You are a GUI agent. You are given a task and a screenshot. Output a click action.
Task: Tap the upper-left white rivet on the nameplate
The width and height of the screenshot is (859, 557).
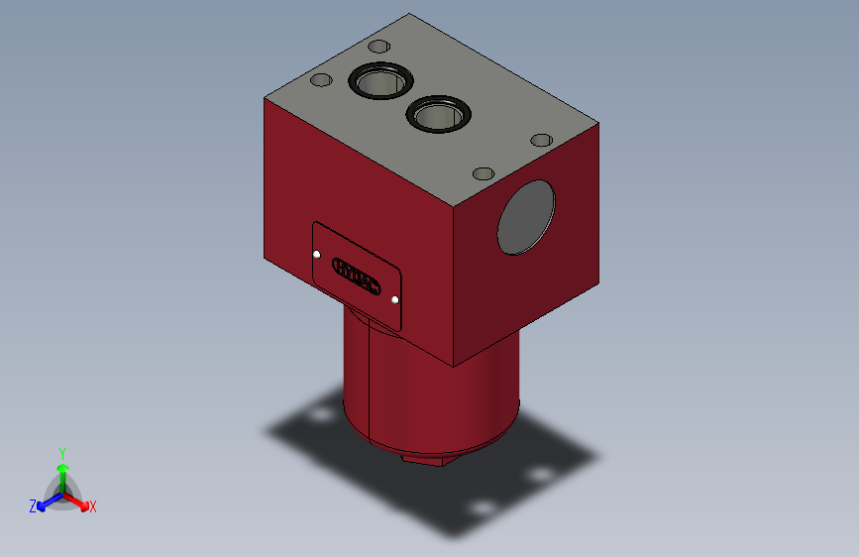tap(317, 255)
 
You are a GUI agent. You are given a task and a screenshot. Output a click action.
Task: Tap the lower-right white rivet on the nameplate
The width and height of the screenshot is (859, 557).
tap(395, 298)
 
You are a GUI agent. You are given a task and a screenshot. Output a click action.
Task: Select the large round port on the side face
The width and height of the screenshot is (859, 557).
tap(526, 218)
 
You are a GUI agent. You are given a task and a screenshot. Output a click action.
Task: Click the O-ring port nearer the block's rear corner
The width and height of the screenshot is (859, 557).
tap(378, 82)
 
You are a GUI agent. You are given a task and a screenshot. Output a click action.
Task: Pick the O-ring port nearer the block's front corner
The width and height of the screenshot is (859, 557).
tap(438, 115)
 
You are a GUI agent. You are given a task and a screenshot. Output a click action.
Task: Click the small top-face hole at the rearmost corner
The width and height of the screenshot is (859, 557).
tap(377, 46)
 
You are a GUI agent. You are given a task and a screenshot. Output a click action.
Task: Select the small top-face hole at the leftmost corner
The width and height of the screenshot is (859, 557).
tap(320, 80)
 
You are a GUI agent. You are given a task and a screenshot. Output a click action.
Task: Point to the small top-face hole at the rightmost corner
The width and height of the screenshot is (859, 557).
tap(541, 140)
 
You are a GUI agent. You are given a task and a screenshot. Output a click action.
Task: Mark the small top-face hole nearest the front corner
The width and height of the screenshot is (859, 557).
tap(483, 174)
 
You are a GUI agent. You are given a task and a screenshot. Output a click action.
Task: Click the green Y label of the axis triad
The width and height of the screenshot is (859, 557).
tap(62, 452)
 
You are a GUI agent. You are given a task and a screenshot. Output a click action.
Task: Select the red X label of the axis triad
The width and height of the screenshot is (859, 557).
tap(92, 506)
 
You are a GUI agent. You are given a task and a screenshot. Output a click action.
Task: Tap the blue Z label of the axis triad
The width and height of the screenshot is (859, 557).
tap(33, 506)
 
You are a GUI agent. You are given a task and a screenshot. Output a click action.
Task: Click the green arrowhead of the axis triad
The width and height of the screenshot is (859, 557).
tap(62, 468)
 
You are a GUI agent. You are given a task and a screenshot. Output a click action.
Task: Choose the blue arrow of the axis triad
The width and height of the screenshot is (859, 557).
tap(47, 501)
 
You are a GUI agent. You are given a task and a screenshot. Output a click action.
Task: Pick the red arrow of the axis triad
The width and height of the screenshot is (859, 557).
tap(78, 500)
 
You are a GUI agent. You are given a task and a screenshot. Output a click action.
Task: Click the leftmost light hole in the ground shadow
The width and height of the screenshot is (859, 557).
tap(319, 413)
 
